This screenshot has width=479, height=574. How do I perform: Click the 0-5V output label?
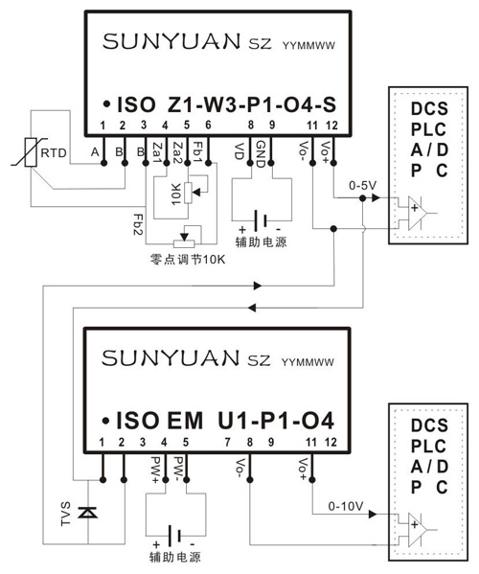coord(365,183)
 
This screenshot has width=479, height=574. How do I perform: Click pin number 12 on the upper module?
coord(331,126)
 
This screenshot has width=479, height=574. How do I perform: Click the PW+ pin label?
coord(166,467)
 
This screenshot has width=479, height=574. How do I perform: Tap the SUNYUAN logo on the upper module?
coord(167,43)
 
